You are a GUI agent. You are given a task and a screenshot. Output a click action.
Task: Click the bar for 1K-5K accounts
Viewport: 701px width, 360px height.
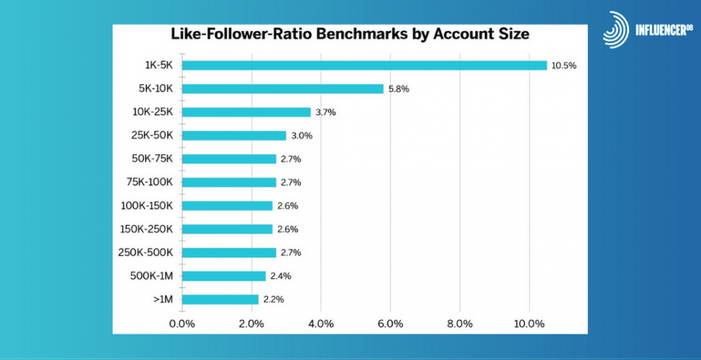pyautogui.click(x=364, y=65)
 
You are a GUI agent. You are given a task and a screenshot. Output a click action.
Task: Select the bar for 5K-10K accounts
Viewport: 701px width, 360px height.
pyautogui.click(x=283, y=88)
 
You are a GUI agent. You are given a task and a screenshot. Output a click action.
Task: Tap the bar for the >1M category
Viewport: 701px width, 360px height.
pyautogui.click(x=220, y=299)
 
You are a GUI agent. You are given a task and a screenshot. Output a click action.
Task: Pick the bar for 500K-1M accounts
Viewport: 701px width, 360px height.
pyautogui.click(x=224, y=276)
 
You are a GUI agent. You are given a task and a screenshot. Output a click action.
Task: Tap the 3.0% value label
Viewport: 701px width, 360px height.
pyautogui.click(x=301, y=136)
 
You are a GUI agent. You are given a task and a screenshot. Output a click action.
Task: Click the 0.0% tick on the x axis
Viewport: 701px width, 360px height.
pyautogui.click(x=182, y=323)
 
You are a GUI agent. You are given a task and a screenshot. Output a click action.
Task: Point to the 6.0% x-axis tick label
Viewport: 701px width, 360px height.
pyautogui.click(x=390, y=323)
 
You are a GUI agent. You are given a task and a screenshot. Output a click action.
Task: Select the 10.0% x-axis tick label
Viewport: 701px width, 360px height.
pyautogui.click(x=528, y=323)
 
